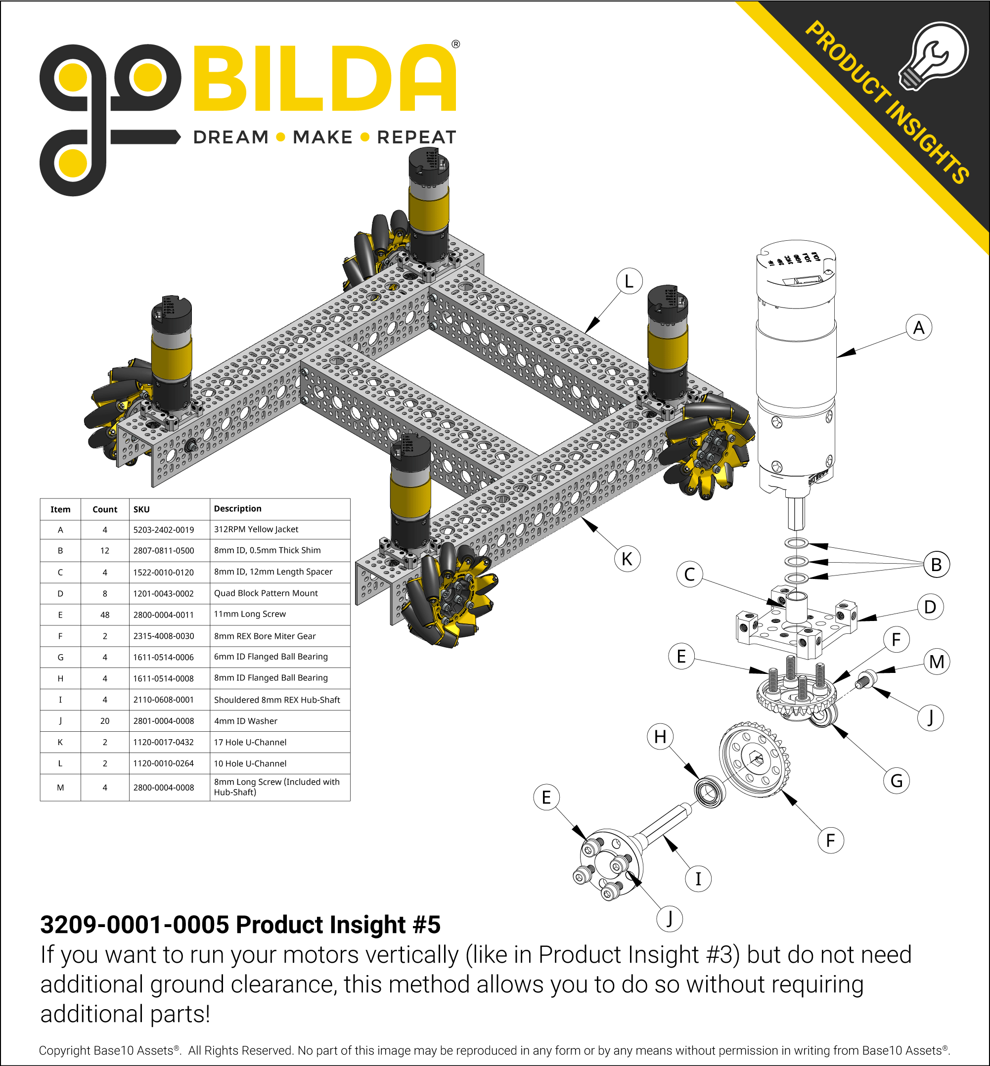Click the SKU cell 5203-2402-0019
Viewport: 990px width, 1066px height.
click(x=163, y=530)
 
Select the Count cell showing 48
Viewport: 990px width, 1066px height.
click(x=104, y=615)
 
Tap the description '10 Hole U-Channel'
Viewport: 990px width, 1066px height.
click(x=250, y=763)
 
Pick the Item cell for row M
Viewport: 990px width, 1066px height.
click(x=60, y=788)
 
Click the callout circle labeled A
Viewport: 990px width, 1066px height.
click(x=919, y=327)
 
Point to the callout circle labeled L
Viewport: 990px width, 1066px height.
click(x=629, y=281)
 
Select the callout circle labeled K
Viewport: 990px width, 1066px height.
click(x=627, y=559)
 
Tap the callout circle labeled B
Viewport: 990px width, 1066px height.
click(x=937, y=565)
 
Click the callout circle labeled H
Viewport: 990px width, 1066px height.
click(x=660, y=737)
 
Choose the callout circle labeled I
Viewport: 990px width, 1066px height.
click(x=698, y=879)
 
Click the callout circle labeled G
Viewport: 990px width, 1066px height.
click(x=896, y=781)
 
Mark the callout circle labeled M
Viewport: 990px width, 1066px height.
click(x=937, y=662)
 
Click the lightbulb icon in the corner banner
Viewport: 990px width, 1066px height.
click(x=935, y=56)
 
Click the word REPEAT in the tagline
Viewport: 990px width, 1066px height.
click(x=416, y=137)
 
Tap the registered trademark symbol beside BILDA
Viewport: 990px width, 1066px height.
click(x=455, y=44)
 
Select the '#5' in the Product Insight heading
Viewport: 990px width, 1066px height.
click(x=426, y=925)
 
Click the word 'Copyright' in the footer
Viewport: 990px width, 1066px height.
click(x=64, y=1051)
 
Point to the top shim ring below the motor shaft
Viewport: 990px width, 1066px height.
click(x=796, y=543)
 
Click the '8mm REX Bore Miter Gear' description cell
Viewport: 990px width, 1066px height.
click(x=265, y=636)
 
